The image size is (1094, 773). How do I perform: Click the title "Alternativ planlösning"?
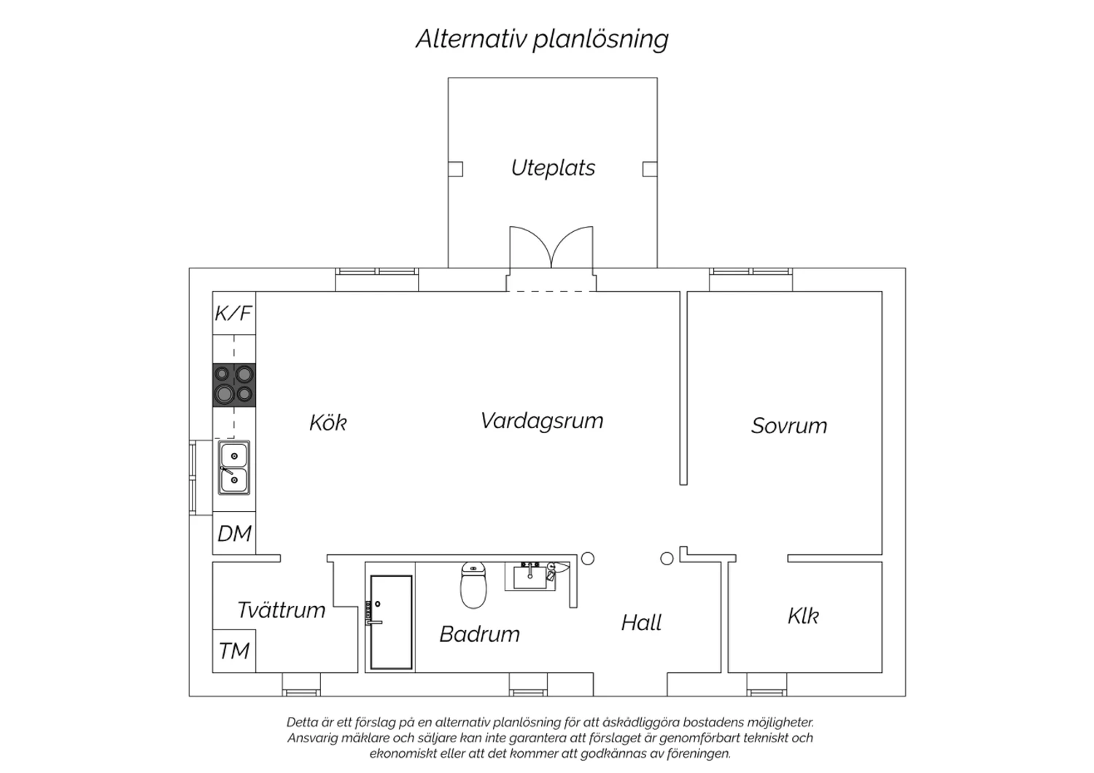542,39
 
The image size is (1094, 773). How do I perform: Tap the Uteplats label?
553,168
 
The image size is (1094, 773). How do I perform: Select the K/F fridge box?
234,313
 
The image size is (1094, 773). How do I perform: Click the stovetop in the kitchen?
234,385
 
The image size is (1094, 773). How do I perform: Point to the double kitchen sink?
234,467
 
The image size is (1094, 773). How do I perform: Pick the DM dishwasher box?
234,533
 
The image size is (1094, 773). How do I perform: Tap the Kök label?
328,422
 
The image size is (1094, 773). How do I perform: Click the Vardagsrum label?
542,421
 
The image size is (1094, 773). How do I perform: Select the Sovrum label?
789,426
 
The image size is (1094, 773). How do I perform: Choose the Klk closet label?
803,615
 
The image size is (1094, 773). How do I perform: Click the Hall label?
641,623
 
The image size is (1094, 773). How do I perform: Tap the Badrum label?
480,634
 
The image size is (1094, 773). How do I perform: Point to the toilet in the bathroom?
473,585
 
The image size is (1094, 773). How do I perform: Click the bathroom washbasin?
530,576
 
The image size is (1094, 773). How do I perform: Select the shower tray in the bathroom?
391,623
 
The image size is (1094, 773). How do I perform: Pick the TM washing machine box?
234,651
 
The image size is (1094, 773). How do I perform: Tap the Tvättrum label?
282,610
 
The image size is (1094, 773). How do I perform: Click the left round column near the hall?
588,558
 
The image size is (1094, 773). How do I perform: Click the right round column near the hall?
667,558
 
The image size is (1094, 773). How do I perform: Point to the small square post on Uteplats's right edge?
650,169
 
